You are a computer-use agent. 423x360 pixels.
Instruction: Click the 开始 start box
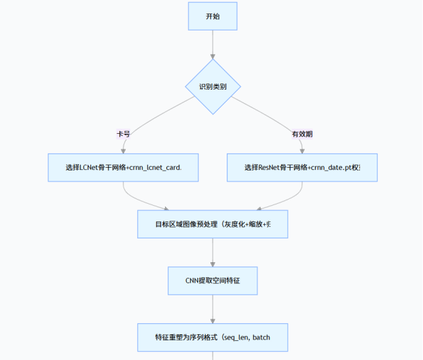pos(213,16)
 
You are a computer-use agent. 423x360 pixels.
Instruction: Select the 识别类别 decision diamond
pos(213,87)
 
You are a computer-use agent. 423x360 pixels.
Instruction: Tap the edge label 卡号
pos(123,134)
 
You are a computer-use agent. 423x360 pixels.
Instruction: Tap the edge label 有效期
pos(302,134)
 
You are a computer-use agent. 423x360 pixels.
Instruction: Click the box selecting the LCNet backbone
pos(124,167)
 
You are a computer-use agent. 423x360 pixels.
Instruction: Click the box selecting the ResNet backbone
pos(301,167)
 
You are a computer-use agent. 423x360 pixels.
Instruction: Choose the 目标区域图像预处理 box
pos(213,223)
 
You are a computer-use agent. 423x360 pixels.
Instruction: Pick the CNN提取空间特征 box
pos(213,280)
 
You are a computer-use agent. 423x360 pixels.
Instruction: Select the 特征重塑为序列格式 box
pos(213,336)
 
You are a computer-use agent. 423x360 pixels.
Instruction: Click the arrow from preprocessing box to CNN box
pos(213,252)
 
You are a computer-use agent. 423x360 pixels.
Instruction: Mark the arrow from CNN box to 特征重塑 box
pos(213,308)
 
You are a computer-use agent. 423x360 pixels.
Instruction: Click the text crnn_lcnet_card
pos(155,168)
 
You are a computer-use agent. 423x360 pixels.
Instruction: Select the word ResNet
pos(272,168)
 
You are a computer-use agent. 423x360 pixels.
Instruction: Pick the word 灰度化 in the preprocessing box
pos(235,224)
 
